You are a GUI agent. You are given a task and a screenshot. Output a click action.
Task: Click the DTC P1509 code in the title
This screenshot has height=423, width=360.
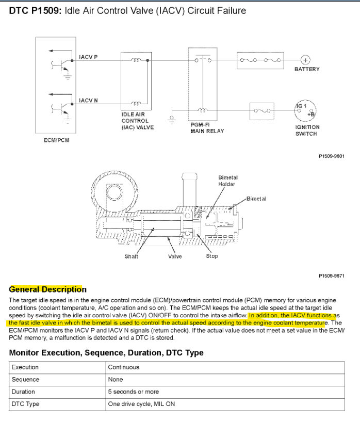coord(35,10)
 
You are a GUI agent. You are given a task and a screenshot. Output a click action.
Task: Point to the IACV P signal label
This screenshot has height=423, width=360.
coord(88,57)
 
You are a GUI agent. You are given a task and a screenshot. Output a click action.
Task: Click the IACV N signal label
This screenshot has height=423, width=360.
coord(88,100)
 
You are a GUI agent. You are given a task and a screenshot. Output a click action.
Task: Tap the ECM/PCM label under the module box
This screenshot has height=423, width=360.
coord(57,140)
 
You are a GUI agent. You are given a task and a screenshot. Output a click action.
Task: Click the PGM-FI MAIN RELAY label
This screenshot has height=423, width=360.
coord(206,128)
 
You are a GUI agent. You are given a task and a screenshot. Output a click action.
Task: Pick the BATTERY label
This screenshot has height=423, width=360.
coord(307,69)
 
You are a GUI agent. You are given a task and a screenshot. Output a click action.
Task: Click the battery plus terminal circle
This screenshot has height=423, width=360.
coord(305,60)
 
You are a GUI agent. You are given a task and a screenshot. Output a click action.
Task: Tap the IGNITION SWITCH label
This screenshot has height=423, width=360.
coord(307,130)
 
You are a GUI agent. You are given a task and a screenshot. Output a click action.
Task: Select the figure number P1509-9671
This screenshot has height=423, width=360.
coord(332,276)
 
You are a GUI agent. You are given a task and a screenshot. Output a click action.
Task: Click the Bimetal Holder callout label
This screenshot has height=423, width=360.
coord(228,181)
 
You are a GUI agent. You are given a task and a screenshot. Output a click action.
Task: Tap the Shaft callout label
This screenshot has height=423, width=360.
coord(132,256)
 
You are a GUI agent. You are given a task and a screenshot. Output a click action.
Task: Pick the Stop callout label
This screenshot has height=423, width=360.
coord(212,256)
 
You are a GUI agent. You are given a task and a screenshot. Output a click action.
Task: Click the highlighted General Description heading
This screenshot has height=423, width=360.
coord(48,289)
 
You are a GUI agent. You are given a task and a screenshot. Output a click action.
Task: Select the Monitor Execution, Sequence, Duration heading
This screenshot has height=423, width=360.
coord(106,353)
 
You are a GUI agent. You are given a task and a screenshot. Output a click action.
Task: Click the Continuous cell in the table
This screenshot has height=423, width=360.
coord(123,367)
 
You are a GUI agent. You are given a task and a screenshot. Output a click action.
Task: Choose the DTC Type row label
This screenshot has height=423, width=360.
coord(25,404)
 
